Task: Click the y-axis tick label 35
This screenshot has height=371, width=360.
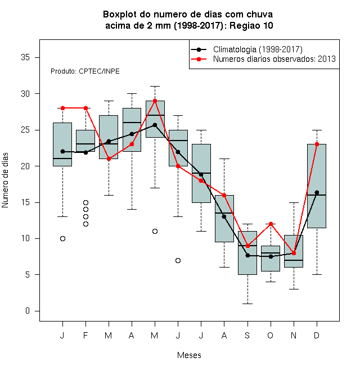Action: tap(25, 57)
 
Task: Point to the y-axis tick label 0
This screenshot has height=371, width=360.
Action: tap(28, 311)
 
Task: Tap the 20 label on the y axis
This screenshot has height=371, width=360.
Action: tap(25, 166)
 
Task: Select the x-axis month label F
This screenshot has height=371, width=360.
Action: tap(85, 335)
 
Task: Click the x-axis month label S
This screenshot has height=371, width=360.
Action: tap(247, 335)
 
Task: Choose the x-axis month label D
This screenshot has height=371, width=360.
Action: tap(317, 335)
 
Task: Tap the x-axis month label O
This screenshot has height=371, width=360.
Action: tap(270, 335)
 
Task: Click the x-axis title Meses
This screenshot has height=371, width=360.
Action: tap(189, 355)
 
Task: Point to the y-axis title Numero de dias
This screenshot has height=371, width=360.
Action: tap(5, 180)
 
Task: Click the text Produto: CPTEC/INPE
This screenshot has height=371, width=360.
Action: tap(85, 71)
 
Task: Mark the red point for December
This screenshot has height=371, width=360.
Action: tap(317, 144)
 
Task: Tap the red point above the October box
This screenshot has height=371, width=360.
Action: tap(271, 224)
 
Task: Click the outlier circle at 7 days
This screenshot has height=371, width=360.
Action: tap(178, 260)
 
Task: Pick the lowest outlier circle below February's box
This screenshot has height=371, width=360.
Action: tap(85, 224)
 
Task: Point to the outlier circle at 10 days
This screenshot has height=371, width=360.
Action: tap(63, 238)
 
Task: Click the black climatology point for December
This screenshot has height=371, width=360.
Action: tap(317, 193)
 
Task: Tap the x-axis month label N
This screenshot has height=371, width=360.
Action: tap(294, 335)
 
